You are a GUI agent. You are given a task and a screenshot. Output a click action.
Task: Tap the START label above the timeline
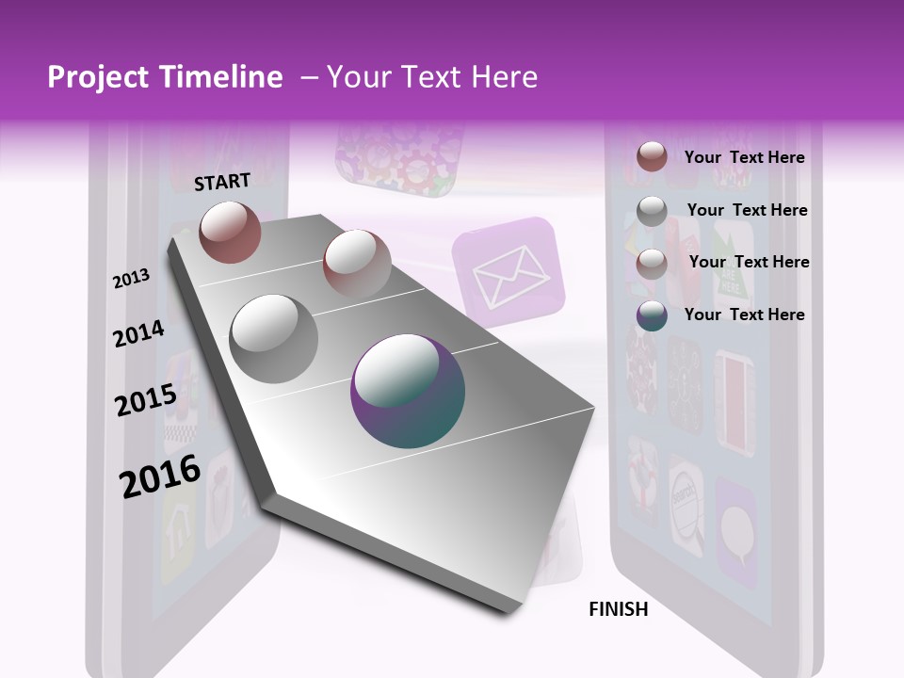tap(222, 182)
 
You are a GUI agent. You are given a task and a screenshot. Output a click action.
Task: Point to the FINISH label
tap(619, 609)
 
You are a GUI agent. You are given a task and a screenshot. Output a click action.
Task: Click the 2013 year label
tap(131, 279)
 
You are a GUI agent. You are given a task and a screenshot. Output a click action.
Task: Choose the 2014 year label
tap(139, 334)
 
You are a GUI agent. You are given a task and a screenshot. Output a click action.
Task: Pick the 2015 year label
tap(146, 400)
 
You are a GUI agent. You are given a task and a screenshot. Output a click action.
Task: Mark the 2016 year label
tap(160, 476)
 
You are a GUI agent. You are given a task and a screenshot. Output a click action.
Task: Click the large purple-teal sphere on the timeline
tap(408, 392)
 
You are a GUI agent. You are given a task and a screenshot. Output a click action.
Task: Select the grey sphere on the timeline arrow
tap(274, 339)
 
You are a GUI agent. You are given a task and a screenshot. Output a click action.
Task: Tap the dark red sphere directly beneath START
tap(230, 232)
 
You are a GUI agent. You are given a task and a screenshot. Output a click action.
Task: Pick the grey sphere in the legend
tap(652, 212)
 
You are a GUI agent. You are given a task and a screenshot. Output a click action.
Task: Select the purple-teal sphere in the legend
tap(652, 315)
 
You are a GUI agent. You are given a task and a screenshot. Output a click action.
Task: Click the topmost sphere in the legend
tap(652, 156)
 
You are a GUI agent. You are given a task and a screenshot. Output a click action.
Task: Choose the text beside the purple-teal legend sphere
tap(744, 315)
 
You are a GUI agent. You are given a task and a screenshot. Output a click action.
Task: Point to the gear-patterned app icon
tap(400, 155)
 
